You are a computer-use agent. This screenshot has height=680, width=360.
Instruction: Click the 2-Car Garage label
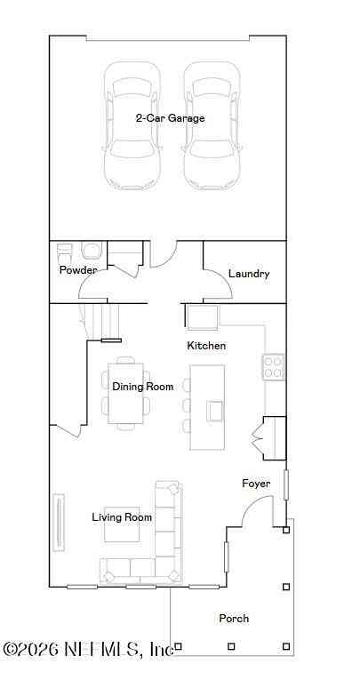pos(170,118)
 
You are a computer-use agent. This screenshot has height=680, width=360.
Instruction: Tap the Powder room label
pos(78,269)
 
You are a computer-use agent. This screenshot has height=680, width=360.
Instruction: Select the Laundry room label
pos(249,274)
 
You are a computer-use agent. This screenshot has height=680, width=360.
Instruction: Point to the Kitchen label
pos(206,346)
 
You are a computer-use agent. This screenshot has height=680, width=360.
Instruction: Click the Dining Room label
pos(143,387)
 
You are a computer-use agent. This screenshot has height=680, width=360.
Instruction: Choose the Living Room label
pos(122,517)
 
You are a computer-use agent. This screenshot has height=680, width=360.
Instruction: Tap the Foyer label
pos(256,484)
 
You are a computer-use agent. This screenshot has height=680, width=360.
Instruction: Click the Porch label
pos(234,619)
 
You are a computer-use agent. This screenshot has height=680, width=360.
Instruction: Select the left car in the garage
pos(132,125)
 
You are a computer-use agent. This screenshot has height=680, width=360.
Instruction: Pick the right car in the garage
pos(212,125)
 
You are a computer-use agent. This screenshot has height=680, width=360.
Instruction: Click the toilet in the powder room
pos(92,251)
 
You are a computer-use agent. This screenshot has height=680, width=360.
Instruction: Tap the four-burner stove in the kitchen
pos(274,367)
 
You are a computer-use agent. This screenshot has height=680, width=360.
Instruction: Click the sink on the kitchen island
pos(215,411)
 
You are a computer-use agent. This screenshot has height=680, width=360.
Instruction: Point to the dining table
pos(126,393)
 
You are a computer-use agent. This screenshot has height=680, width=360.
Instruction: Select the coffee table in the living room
pos(122,524)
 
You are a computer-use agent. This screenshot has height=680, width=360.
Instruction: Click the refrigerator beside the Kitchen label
pos(202,317)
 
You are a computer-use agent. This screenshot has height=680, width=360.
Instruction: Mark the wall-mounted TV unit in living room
pos(59,523)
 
